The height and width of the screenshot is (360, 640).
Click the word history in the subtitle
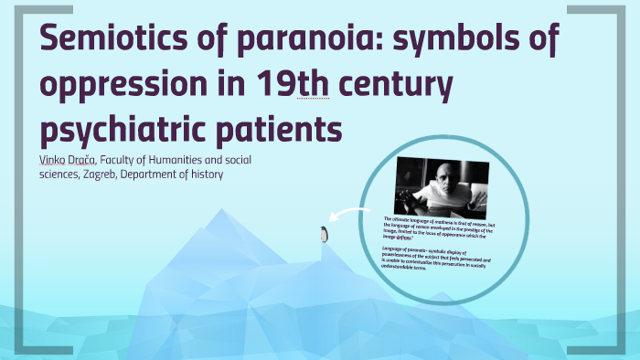click(x=205, y=175)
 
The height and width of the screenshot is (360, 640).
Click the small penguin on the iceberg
click(x=322, y=235)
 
